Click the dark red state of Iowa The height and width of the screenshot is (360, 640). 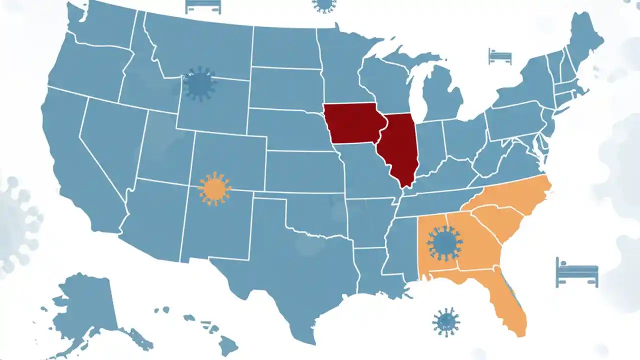[x=352, y=122]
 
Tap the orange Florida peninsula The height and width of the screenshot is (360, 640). [x=510, y=305]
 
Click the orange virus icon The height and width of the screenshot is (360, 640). [x=214, y=188]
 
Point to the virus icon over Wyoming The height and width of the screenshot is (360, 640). [x=199, y=84]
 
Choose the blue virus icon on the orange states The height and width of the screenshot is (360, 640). [x=444, y=243]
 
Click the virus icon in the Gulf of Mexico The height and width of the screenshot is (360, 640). [x=445, y=322]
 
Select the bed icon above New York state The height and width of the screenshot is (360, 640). [x=500, y=56]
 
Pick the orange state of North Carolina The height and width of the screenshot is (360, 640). [x=515, y=195]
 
